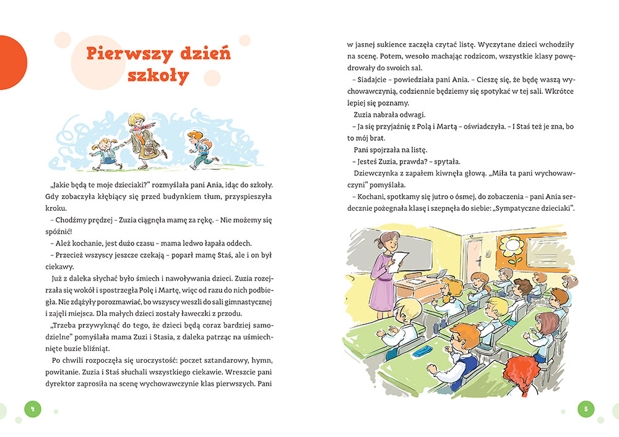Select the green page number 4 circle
pyautogui.click(x=32, y=408)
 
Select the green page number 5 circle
pyautogui.click(x=586, y=408)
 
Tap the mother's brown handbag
pyautogui.click(x=149, y=148)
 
